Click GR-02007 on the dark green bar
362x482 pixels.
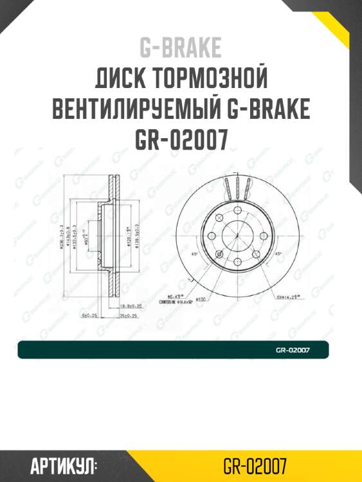(x=293, y=350)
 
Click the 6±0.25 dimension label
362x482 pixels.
(x=89, y=316)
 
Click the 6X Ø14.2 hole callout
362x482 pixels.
(x=289, y=297)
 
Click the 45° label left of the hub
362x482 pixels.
(x=195, y=253)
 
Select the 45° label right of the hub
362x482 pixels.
(x=278, y=253)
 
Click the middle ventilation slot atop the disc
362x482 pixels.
(x=237, y=188)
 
